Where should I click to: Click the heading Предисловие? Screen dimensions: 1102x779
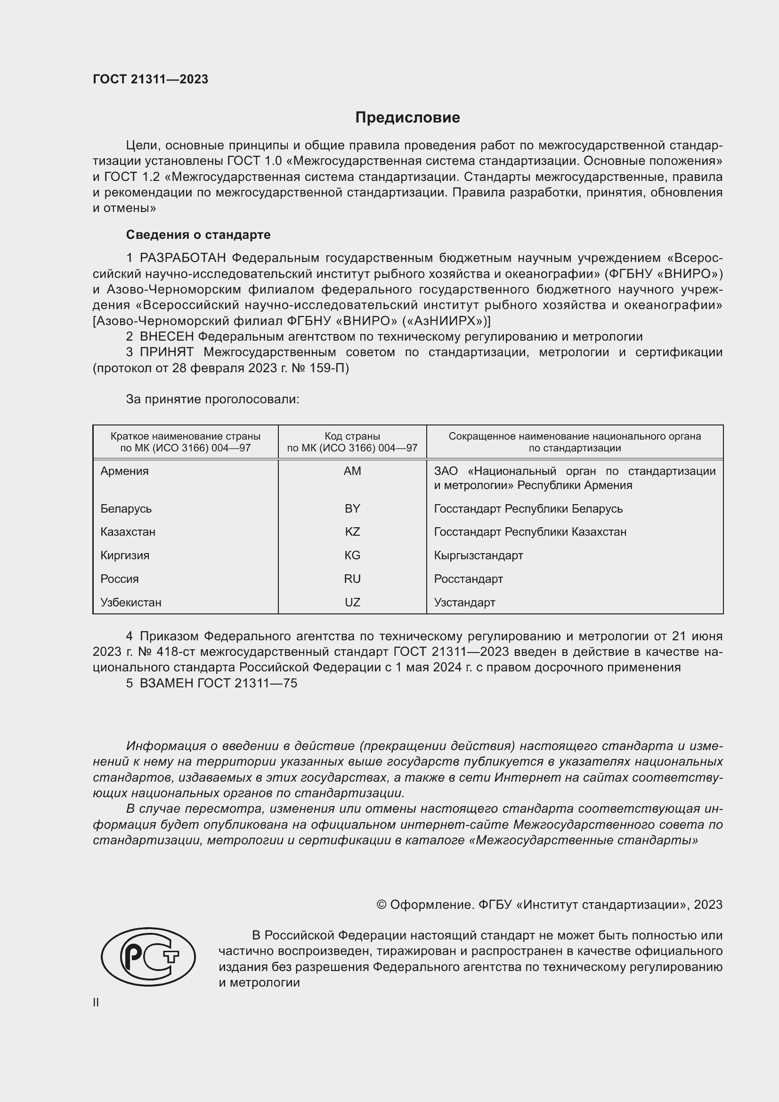pos(407,118)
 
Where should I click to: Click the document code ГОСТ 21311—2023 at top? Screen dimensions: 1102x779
pos(150,80)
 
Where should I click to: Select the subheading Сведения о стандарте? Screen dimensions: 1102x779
pos(198,235)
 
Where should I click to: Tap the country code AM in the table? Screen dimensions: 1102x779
pos(352,471)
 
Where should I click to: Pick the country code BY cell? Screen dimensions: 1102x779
pos(352,509)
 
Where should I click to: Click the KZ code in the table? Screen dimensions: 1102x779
pos(352,532)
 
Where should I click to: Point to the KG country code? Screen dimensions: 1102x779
pos(352,555)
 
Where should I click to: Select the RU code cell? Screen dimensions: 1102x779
pos(352,579)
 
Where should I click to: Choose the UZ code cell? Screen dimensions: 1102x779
pos(352,603)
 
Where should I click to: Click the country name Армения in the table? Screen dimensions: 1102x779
pos(124,471)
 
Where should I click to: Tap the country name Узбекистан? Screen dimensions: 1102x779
pos(130,603)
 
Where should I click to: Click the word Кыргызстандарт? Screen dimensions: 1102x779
pos(478,555)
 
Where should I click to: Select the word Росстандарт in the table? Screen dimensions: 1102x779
pos(468,579)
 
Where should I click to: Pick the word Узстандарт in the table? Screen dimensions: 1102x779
pos(464,603)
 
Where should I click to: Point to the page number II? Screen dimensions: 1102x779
pos(96,1003)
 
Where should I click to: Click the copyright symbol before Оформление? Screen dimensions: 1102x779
pos(381,905)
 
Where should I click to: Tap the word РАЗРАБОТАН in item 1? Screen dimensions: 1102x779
pos(182,258)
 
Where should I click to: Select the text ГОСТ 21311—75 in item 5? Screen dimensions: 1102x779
pos(247,684)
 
